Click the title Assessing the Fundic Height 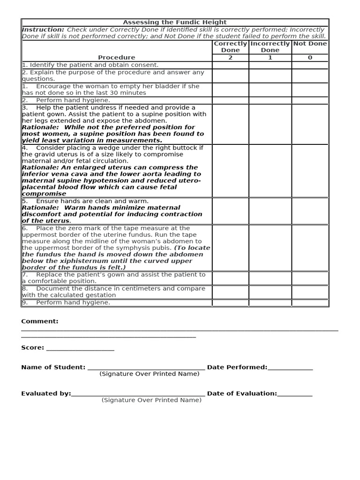(174, 22)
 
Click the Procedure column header (116, 58)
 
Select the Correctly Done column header (230, 47)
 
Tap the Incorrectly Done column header (270, 47)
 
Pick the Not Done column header (310, 44)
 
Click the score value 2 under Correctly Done (230, 58)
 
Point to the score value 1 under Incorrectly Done (270, 58)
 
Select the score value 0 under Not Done (310, 58)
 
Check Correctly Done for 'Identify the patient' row (230, 65)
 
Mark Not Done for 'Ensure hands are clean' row (310, 211)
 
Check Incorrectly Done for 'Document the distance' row (270, 292)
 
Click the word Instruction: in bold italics (43, 30)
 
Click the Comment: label (40, 322)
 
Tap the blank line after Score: (80, 349)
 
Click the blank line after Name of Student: (146, 368)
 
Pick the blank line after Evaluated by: (138, 395)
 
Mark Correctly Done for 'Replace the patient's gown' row (230, 278)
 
